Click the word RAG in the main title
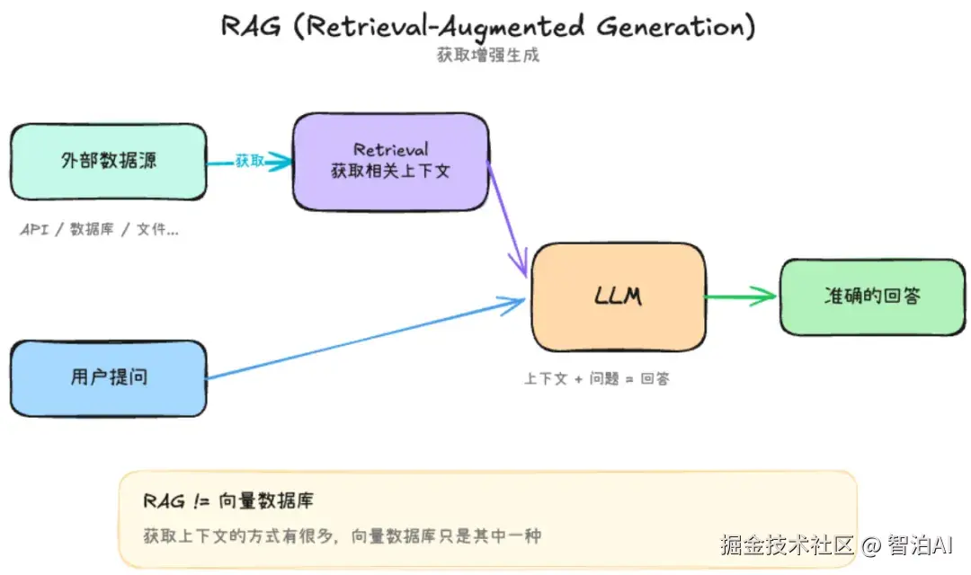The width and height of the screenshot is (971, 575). (252, 27)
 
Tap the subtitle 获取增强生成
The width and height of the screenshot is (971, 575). (488, 55)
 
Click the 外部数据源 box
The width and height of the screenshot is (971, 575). (109, 162)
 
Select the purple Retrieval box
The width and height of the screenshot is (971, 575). (391, 162)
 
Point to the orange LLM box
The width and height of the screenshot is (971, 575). (619, 296)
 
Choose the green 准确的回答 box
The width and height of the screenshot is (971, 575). (872, 297)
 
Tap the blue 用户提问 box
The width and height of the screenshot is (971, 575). (109, 378)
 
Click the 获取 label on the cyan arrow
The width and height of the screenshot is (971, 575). (250, 162)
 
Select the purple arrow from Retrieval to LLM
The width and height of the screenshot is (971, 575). (508, 220)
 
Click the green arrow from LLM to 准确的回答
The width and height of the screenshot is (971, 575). (741, 296)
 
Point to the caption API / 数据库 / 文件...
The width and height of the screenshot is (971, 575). (99, 230)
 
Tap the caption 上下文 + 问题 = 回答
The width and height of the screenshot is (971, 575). (597, 378)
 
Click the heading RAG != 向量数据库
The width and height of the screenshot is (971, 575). (228, 500)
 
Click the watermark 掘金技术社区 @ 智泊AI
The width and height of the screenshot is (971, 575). (836, 545)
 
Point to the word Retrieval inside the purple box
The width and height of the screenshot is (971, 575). (391, 149)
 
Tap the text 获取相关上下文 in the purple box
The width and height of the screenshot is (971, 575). (390, 171)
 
